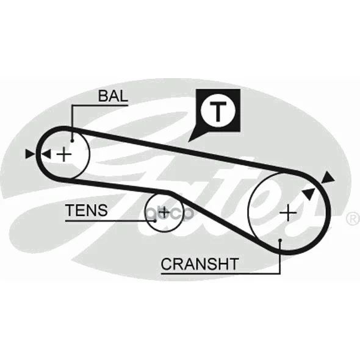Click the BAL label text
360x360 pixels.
click(x=113, y=96)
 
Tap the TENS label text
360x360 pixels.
click(x=87, y=210)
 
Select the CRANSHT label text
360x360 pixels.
click(x=200, y=264)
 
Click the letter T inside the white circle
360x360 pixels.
click(x=218, y=112)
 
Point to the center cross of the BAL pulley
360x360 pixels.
click(x=64, y=154)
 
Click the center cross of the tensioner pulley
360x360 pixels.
click(x=164, y=212)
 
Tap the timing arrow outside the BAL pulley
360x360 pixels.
click(x=31, y=154)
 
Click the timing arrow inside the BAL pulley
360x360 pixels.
click(x=46, y=154)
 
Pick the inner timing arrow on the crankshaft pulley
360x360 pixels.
click(x=309, y=193)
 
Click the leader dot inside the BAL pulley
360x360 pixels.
click(x=72, y=141)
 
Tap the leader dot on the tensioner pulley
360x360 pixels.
click(x=155, y=221)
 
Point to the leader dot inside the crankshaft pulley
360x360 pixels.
click(x=280, y=240)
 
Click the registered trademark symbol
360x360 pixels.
click(x=353, y=218)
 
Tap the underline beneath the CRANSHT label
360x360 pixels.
click(x=221, y=273)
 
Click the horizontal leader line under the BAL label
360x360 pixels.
click(x=99, y=106)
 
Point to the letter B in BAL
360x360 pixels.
click(x=103, y=96)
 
